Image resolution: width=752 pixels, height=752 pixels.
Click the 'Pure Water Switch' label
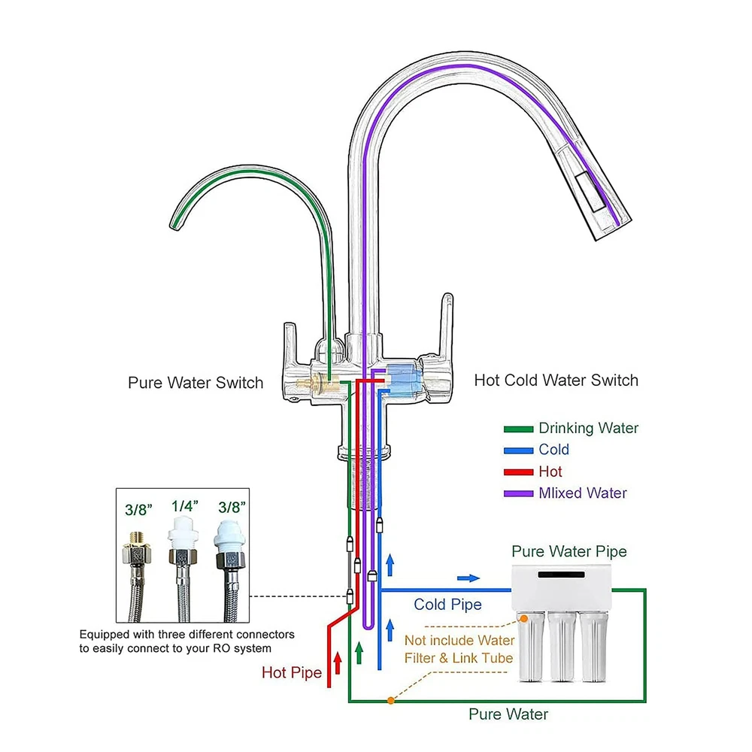196,383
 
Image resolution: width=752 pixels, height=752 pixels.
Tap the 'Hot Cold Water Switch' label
556,381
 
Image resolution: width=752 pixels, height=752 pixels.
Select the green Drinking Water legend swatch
518,429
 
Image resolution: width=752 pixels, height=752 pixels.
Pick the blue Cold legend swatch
518,450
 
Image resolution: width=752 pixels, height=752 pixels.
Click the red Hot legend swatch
518,472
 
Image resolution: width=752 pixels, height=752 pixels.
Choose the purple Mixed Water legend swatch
518,494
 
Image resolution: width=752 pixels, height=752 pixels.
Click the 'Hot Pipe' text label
292,672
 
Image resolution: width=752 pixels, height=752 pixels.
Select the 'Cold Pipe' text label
447,605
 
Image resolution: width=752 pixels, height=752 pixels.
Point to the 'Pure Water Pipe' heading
569,552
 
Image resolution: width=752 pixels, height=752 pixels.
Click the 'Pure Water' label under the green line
508,714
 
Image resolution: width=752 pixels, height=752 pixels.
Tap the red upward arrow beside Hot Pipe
338,661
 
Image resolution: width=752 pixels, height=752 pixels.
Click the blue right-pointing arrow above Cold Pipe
468,578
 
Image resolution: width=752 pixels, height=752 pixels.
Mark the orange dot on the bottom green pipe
390,701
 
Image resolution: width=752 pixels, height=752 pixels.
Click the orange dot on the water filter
523,618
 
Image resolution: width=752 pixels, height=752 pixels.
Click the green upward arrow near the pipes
359,651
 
